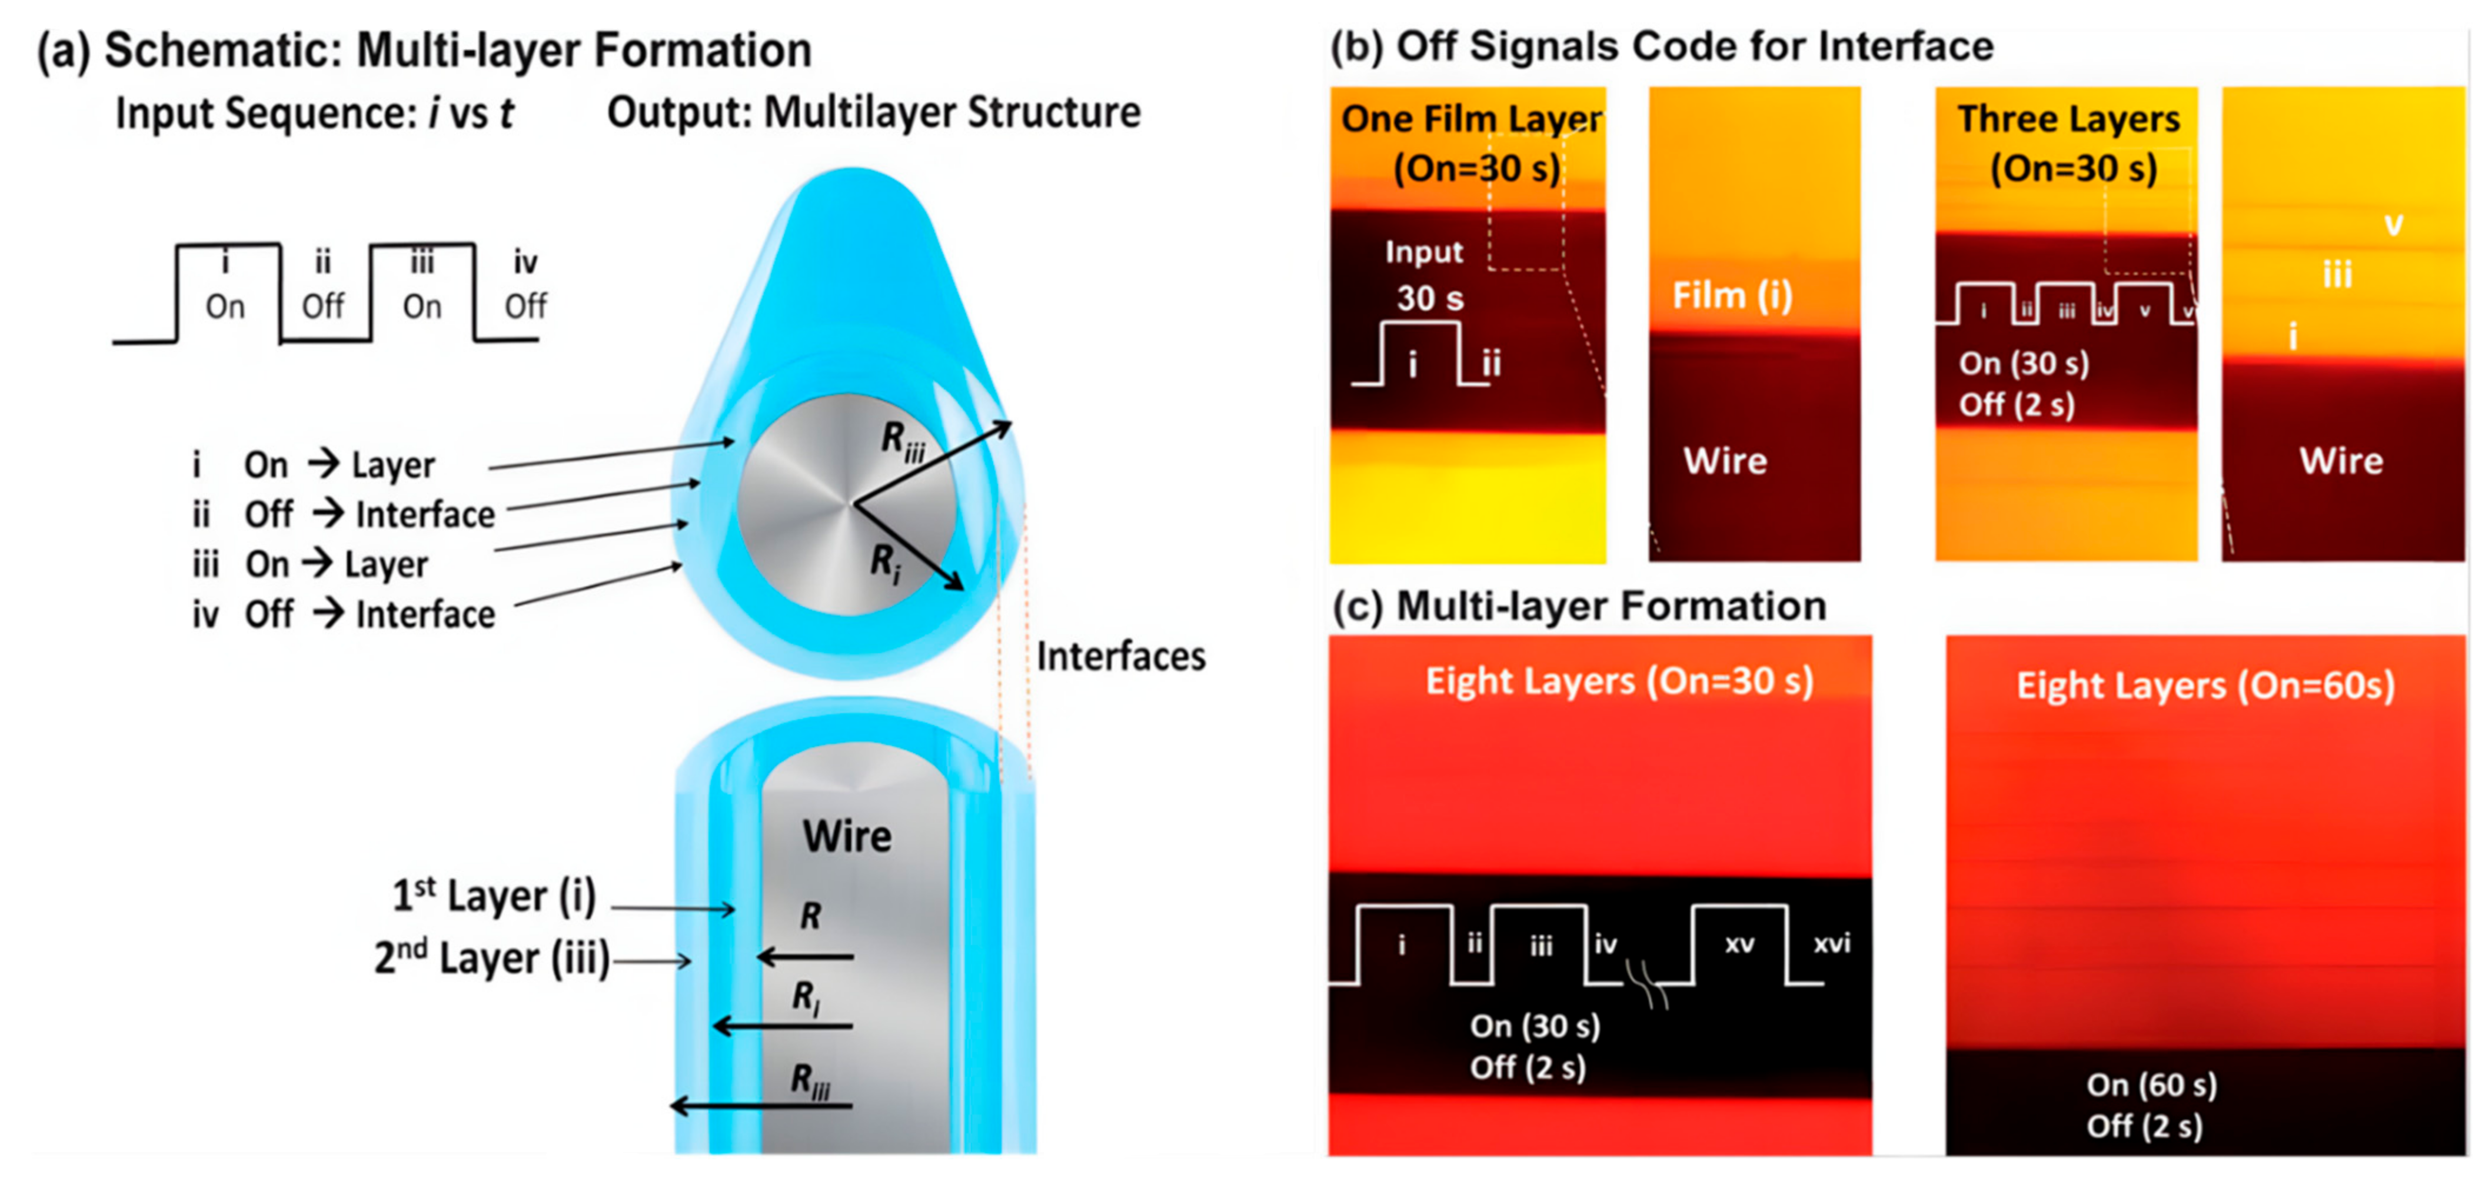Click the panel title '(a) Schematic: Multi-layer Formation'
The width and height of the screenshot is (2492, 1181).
tap(424, 50)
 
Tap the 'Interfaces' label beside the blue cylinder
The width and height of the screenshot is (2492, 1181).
tap(1120, 657)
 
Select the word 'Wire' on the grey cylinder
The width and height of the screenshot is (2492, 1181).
tap(847, 836)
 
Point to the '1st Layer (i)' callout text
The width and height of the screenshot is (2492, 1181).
tap(493, 896)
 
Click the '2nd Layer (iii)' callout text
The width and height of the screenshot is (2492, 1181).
tap(491, 959)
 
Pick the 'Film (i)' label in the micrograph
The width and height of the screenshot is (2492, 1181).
tap(1732, 295)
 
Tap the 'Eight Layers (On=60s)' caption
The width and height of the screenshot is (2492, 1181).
tap(2205, 686)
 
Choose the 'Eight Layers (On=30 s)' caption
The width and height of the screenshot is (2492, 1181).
tap(1618, 681)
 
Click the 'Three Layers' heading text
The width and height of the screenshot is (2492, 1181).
tap(2068, 119)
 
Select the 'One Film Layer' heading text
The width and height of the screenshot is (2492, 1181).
tap(1470, 119)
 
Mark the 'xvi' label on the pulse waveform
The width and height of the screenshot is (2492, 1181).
tap(1831, 943)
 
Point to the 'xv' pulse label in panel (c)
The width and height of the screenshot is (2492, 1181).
tap(1738, 944)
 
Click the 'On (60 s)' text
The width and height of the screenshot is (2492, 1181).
tap(2151, 1085)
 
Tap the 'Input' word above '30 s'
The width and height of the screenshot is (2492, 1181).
tap(1423, 252)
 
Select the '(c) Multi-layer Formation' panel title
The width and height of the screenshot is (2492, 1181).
tap(1579, 607)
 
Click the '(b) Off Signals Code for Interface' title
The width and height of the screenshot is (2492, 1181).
tap(1661, 46)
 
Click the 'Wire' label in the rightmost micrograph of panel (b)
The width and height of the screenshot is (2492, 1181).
tap(2340, 460)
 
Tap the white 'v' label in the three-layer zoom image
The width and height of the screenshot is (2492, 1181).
tap(2393, 225)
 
